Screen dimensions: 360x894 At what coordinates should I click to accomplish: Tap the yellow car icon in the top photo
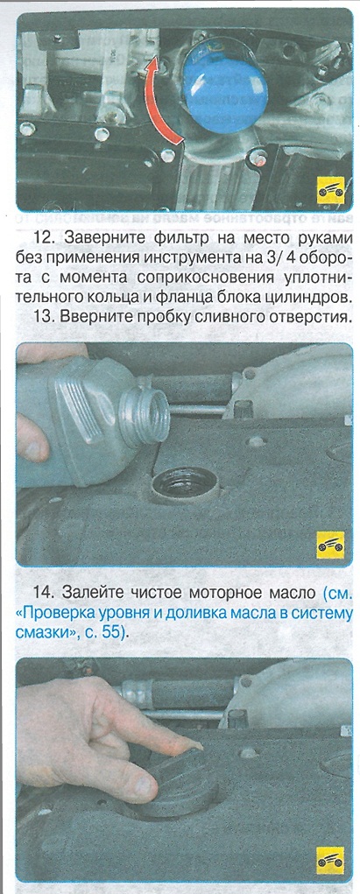(x=330, y=190)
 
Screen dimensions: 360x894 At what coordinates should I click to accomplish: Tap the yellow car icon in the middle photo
(x=330, y=545)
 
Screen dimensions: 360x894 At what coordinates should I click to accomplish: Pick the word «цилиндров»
(x=315, y=297)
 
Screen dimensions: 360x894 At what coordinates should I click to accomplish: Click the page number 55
(x=112, y=633)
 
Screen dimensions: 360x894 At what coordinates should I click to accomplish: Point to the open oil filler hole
(x=186, y=484)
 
